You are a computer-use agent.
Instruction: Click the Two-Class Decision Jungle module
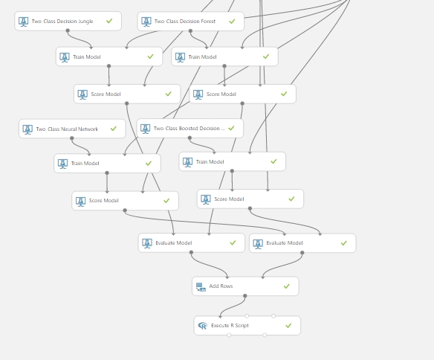click(x=68, y=21)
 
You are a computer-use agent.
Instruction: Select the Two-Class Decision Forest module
click(x=191, y=21)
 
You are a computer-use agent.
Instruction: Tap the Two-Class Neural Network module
click(x=72, y=129)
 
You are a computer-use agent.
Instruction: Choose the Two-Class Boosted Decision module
click(x=190, y=128)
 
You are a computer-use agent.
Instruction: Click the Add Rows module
click(x=245, y=286)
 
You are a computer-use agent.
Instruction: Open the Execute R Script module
click(x=247, y=326)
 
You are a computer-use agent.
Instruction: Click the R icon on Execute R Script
click(x=203, y=326)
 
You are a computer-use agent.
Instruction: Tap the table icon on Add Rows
click(x=201, y=287)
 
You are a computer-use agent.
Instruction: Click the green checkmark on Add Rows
click(x=287, y=286)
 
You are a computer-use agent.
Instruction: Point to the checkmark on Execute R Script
click(x=288, y=325)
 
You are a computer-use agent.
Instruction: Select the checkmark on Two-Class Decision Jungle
click(x=109, y=21)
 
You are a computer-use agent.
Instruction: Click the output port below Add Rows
click(x=245, y=296)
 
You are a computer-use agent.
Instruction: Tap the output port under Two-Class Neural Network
click(x=72, y=138)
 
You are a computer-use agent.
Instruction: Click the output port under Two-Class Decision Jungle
click(x=68, y=30)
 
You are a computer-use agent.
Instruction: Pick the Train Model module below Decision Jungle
click(x=109, y=57)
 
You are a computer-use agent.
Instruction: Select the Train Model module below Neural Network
click(x=108, y=164)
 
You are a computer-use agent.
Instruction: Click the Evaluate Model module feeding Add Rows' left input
click(x=192, y=243)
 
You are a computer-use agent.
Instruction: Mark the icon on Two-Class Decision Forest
click(x=146, y=22)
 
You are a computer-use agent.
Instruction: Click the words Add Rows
click(x=221, y=286)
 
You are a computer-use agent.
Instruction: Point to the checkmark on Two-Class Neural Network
click(x=114, y=129)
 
